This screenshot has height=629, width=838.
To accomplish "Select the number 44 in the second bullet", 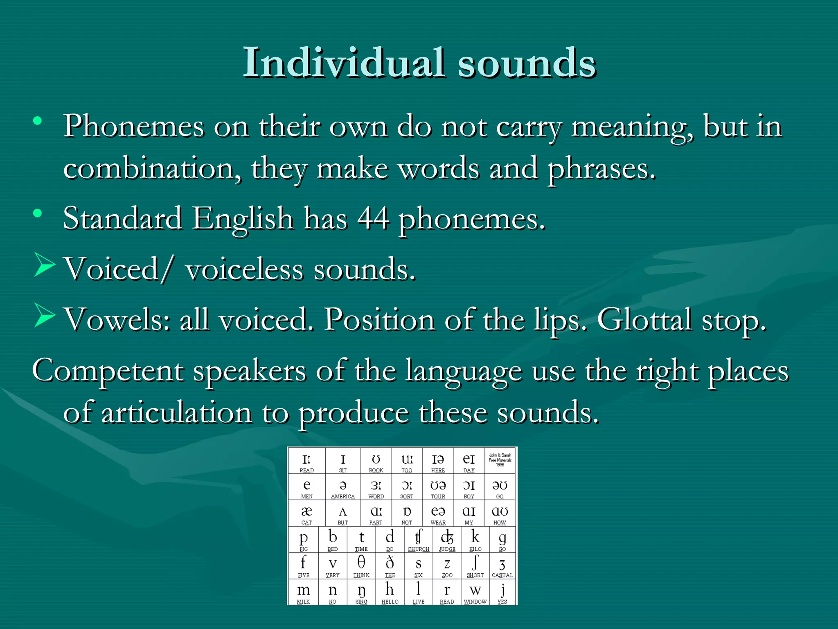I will click(x=373, y=218).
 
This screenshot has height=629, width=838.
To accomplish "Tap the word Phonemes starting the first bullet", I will click(x=133, y=126).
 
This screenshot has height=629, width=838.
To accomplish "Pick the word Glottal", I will click(x=644, y=319).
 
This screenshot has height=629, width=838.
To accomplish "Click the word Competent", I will click(x=108, y=371).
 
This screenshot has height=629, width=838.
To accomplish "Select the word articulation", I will click(x=176, y=412).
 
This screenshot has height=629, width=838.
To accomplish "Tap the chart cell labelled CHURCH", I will click(x=418, y=540).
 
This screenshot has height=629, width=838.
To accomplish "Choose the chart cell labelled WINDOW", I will click(x=475, y=593).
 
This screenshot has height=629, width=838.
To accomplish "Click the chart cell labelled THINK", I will click(x=361, y=566).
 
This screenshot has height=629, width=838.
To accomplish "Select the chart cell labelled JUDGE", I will click(x=447, y=540).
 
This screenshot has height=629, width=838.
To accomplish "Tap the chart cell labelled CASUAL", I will click(x=502, y=566).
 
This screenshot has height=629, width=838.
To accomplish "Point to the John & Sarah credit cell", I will click(x=500, y=460).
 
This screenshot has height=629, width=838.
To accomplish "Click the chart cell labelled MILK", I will click(x=303, y=593).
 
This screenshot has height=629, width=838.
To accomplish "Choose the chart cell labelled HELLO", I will click(x=390, y=593).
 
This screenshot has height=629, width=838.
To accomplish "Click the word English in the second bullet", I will click(x=243, y=218).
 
